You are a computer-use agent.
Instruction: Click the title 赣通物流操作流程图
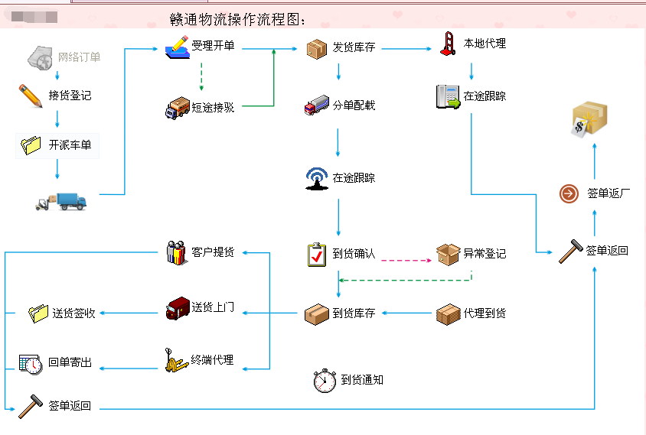point(238,19)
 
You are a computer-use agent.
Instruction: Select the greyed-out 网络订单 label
point(79,57)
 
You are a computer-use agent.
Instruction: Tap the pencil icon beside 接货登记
point(31,96)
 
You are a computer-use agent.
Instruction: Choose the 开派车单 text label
point(73,144)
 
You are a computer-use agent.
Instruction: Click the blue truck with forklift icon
point(62,201)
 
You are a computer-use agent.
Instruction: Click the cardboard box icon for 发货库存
point(317,49)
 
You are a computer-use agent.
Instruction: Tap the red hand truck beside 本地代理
point(448,44)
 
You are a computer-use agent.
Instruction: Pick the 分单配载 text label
point(354,106)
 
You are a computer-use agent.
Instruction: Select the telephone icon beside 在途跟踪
point(448,96)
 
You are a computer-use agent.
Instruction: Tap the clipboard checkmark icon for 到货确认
point(317,254)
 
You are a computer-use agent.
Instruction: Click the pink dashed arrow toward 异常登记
point(406,260)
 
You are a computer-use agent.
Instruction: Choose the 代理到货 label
point(484,313)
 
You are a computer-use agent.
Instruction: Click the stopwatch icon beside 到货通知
point(325,380)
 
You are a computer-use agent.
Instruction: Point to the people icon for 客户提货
point(177,252)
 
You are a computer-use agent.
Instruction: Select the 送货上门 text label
point(213,308)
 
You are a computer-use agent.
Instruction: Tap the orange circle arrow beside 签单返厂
point(569,193)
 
